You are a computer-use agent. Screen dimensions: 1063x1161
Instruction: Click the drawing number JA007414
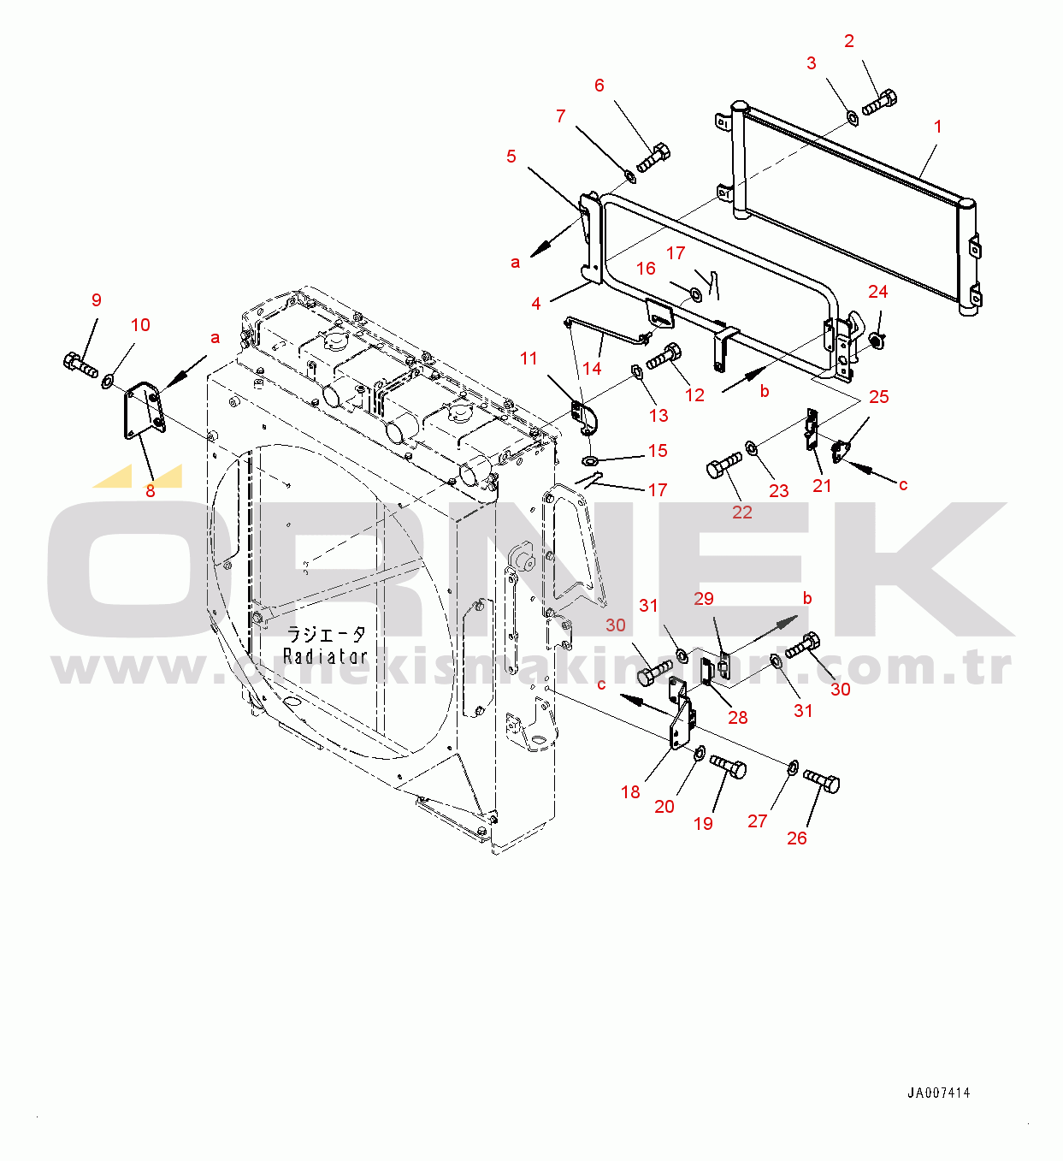click(938, 1093)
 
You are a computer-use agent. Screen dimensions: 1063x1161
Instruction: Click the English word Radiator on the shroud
click(325, 655)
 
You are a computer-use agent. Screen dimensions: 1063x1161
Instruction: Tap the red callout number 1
click(937, 126)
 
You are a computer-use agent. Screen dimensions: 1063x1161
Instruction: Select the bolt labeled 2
click(880, 102)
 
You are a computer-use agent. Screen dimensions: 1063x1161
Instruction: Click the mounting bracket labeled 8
click(145, 409)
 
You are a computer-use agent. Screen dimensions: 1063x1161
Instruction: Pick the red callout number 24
click(877, 291)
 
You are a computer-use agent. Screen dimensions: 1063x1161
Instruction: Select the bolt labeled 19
click(728, 766)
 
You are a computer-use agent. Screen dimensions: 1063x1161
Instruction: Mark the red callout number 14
click(592, 368)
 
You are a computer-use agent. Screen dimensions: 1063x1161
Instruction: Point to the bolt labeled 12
click(664, 356)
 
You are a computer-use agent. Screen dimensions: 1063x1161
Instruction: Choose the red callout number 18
click(630, 791)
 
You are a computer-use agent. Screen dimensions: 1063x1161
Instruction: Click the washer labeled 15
click(589, 460)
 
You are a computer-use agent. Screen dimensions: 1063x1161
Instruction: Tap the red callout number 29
click(704, 598)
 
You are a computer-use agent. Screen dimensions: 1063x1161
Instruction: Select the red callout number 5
click(511, 157)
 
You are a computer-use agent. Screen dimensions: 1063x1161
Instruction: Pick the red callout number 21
click(822, 486)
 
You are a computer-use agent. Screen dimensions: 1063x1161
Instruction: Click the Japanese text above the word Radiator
click(327, 634)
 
